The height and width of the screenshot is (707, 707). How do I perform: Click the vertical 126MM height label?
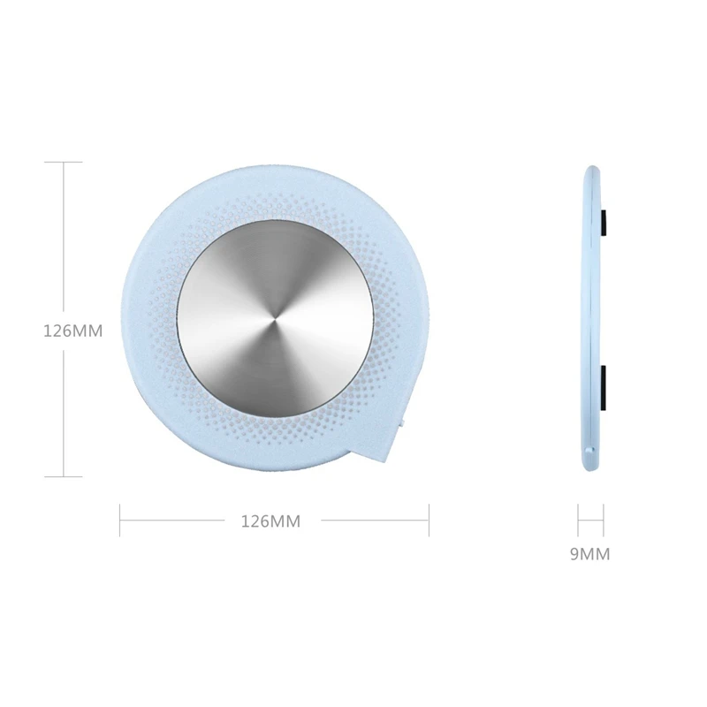[x=73, y=332]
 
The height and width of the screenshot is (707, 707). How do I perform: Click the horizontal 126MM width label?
[x=270, y=521]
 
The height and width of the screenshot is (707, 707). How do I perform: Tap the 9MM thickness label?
[x=590, y=555]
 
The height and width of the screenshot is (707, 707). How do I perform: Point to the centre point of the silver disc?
[x=272, y=317]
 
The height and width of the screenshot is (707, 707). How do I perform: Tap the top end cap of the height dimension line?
[x=63, y=162]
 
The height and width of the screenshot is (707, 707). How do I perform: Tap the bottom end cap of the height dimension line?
[x=63, y=475]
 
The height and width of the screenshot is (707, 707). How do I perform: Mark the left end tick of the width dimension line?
[x=120, y=520]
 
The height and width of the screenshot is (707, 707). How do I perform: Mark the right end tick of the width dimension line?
[x=429, y=520]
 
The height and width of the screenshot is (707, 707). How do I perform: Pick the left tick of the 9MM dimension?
[x=578, y=520]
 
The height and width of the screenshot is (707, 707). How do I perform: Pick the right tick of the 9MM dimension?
[x=604, y=520]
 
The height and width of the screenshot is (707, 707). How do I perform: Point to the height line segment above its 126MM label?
[x=63, y=239]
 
